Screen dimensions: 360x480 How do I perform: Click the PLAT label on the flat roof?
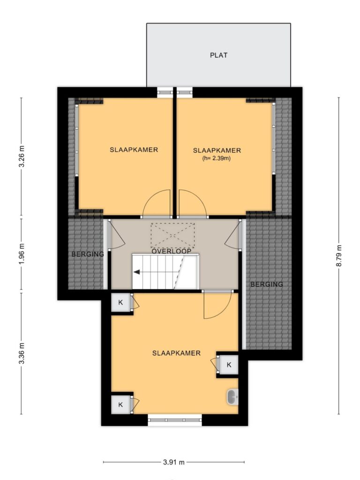tap(218, 55)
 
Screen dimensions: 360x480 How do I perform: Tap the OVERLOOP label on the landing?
tap(172, 251)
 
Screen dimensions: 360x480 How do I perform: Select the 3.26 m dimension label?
tap(22, 156)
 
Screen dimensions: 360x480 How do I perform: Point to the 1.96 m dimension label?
tap(22, 254)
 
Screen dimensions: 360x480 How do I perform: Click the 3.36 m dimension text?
tap(22, 353)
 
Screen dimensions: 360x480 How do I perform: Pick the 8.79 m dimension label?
tap(339, 255)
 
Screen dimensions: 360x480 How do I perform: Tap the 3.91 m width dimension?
tap(174, 462)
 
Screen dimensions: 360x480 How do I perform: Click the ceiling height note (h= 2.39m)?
tap(217, 158)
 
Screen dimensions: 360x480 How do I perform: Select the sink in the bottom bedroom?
tap(232, 397)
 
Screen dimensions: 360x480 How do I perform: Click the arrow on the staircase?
tap(137, 271)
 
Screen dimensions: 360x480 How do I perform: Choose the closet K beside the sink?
tap(229, 365)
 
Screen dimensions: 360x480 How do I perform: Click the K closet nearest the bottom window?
tap(120, 405)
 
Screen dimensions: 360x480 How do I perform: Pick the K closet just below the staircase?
tap(120, 302)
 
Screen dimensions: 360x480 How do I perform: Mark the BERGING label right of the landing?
tap(267, 285)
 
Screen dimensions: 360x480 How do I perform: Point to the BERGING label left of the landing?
tap(88, 254)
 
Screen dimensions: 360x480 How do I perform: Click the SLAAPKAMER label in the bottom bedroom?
tap(176, 353)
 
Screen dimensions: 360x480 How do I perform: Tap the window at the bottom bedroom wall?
tap(175, 420)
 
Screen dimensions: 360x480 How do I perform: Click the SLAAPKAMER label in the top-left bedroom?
tap(134, 150)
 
